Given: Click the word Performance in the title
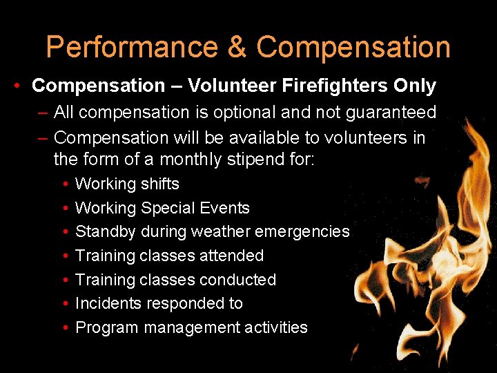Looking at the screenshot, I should click(x=130, y=48).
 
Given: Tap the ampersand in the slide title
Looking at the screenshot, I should click(x=236, y=48).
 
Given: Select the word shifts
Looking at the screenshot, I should click(x=159, y=184).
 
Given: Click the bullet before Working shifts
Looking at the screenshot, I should click(x=64, y=184).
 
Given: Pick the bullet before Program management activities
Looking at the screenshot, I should click(x=64, y=327).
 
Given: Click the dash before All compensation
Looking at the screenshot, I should click(x=43, y=112).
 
